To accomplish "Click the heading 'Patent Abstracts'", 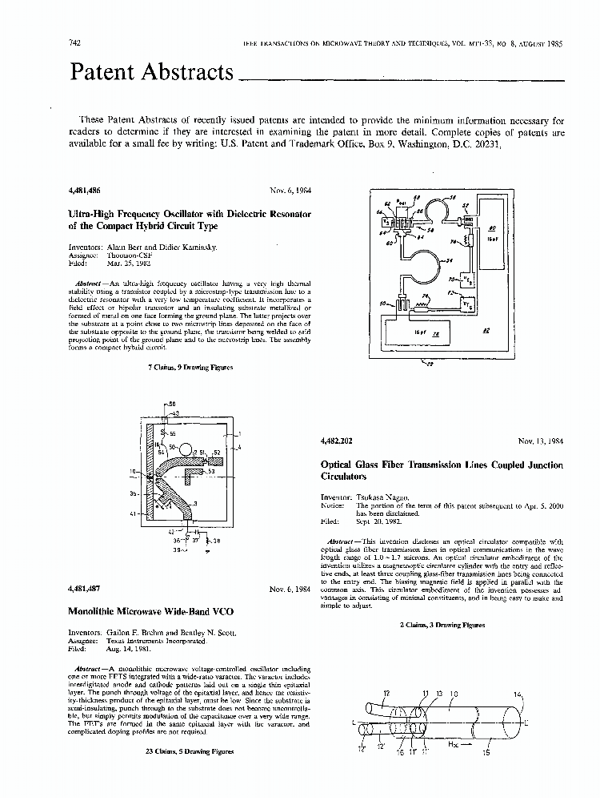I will tap(152, 72).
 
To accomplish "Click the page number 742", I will tap(78, 42).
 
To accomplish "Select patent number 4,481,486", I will tap(86, 191).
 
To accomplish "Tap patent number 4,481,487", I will tap(86, 589).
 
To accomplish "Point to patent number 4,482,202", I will tap(336, 441).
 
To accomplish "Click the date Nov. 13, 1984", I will tap(540, 441).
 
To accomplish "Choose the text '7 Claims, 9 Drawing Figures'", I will tap(190, 368).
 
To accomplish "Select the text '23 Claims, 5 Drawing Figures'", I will tap(190, 752).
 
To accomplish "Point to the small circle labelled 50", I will tap(185, 446).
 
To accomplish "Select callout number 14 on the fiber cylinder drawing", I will tap(517, 694).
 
